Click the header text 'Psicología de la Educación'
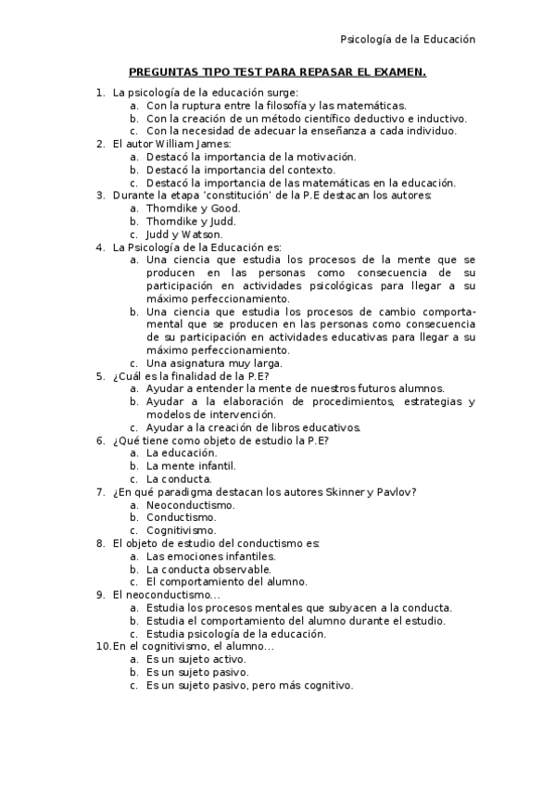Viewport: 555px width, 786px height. coord(408,40)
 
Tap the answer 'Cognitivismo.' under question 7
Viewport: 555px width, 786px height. coord(184,530)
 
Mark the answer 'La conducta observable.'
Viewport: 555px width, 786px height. coord(209,569)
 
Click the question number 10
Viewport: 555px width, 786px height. coord(103,646)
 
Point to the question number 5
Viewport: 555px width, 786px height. coord(100,376)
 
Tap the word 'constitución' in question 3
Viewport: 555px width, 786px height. coord(250,196)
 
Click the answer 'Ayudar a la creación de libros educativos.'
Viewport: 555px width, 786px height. coord(253,427)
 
